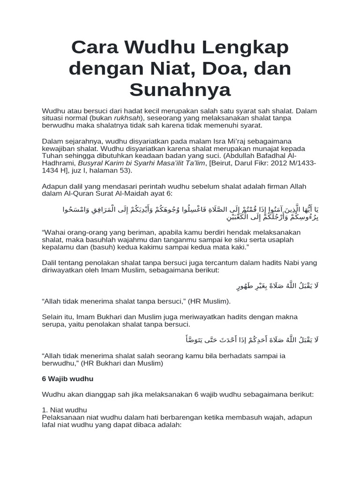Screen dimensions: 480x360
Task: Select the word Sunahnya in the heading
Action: pos(180,90)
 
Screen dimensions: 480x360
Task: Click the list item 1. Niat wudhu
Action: pos(65,410)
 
